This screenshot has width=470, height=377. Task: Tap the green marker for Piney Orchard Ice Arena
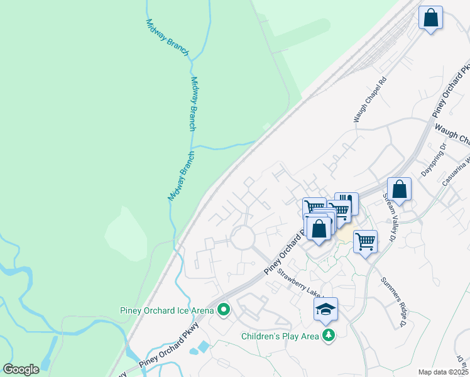coord(224,310)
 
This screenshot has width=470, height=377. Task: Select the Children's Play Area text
coord(280,336)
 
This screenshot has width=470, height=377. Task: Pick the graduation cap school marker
coord(325,309)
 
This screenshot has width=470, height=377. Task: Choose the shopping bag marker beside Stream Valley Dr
coord(399,188)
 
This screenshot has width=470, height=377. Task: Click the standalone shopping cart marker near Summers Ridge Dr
coord(365,241)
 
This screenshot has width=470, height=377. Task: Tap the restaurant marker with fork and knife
coord(346,204)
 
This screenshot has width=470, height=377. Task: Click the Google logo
coord(21,369)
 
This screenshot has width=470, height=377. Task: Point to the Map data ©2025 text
coord(443,372)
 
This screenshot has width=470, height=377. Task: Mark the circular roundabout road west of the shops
coord(242,238)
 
